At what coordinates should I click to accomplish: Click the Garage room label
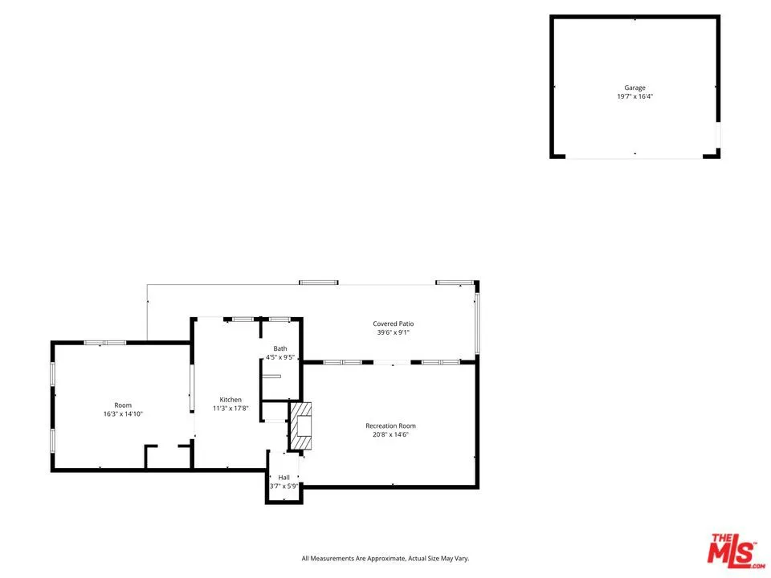[634, 88]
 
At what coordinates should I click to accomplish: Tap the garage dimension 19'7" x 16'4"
[634, 97]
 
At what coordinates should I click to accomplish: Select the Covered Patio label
[394, 324]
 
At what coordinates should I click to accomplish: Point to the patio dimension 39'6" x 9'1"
[394, 332]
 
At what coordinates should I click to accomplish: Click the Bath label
[280, 348]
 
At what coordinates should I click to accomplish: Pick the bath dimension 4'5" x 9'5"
[280, 357]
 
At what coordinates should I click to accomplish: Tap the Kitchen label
[231, 400]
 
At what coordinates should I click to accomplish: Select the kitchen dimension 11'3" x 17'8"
[231, 409]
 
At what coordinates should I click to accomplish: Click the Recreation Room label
[390, 425]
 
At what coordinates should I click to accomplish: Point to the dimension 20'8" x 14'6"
[390, 435]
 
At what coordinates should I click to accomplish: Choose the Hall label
[284, 477]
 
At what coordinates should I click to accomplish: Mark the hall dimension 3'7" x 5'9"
[284, 486]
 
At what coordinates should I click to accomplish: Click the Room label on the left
[123, 405]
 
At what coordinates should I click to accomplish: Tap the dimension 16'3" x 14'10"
[123, 414]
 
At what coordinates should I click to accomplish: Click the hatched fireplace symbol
[301, 425]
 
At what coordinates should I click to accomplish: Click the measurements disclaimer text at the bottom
[385, 559]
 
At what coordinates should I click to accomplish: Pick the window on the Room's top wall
[105, 343]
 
